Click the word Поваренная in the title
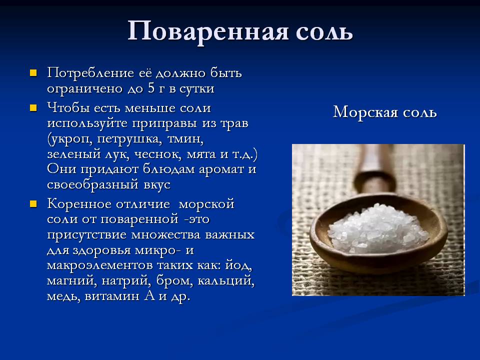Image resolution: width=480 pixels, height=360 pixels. (x=208, y=31)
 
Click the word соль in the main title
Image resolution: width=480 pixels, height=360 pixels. (x=322, y=31)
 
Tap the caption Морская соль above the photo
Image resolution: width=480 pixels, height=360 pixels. (x=385, y=112)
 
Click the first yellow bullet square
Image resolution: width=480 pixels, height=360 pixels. (x=33, y=73)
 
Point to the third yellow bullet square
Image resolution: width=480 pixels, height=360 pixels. (x=33, y=203)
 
